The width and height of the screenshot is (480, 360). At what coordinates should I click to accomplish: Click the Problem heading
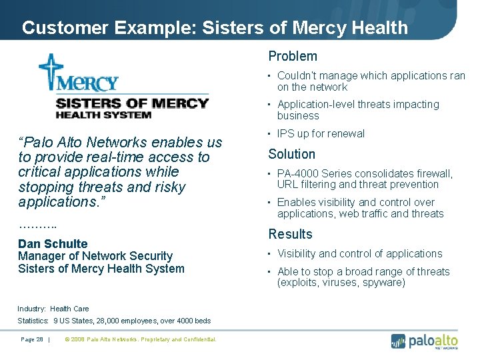(x=293, y=57)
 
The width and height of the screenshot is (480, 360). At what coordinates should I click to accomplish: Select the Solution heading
(x=291, y=154)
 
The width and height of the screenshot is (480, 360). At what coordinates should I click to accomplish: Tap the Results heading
(x=290, y=234)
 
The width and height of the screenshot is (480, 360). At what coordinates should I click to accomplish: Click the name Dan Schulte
(x=53, y=244)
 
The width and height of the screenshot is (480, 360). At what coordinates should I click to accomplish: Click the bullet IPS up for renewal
(x=321, y=133)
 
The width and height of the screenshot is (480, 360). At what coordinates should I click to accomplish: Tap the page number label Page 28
(x=32, y=339)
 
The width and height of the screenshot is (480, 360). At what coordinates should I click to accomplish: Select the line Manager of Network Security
(x=95, y=256)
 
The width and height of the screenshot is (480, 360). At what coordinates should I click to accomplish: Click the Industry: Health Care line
(x=53, y=309)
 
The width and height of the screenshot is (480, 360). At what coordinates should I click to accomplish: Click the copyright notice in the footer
(x=141, y=339)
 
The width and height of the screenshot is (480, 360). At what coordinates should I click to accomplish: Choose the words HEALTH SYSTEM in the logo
(x=103, y=115)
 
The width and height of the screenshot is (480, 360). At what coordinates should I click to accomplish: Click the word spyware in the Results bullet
(x=383, y=283)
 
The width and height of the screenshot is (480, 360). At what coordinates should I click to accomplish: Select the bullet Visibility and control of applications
(x=359, y=253)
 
